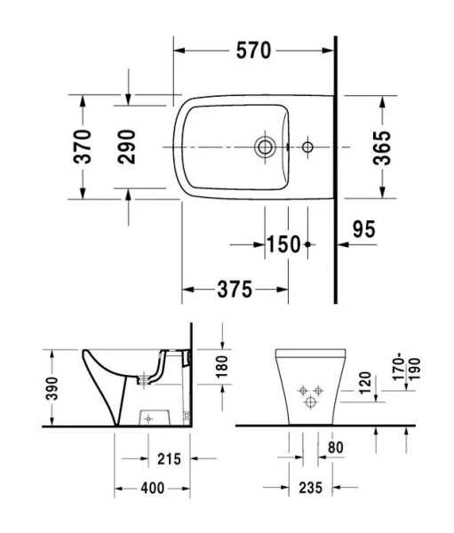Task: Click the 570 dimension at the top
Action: coord(253,51)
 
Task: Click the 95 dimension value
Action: coord(362,229)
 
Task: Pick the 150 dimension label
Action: coord(283,243)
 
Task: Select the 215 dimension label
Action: coord(169,458)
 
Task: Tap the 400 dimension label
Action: coord(153,488)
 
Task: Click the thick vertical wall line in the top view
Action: coord(335,169)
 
